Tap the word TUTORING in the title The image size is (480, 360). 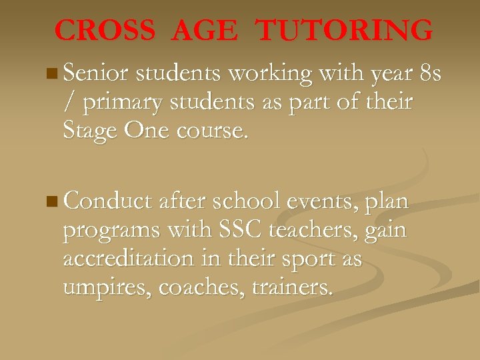click(x=345, y=31)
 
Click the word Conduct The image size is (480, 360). click(x=109, y=201)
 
